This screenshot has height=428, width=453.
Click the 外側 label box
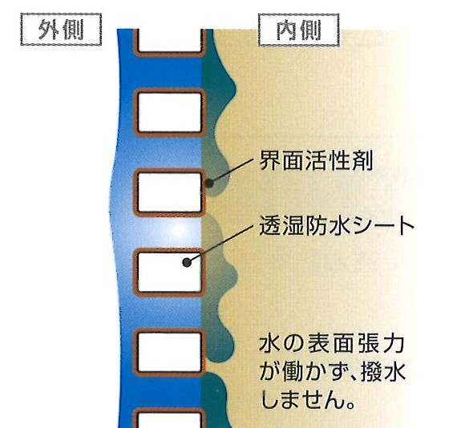tap(61, 30)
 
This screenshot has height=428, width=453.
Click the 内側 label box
tap(299, 30)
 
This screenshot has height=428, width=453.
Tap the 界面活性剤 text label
tap(317, 160)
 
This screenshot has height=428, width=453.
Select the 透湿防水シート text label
tap(337, 226)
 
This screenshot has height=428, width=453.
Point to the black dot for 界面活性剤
tap(209, 183)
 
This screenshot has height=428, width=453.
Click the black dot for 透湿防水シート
tap(187, 263)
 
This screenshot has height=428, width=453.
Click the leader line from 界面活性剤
tap(231, 171)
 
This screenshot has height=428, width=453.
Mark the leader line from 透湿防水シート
tap(220, 244)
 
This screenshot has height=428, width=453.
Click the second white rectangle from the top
tap(170, 112)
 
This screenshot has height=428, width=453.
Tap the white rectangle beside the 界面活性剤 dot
tap(170, 192)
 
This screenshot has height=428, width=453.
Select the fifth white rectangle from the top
tap(170, 352)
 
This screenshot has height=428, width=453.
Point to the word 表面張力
tap(355, 345)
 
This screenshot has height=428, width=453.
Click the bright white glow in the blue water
tap(178, 229)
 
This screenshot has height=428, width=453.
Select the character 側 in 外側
tap(74, 30)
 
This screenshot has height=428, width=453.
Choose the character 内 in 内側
tap(286, 30)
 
